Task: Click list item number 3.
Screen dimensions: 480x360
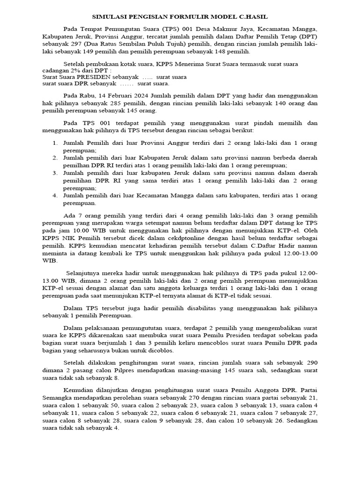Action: pyautogui.click(x=55, y=173)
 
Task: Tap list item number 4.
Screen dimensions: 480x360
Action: pyautogui.click(x=55, y=195)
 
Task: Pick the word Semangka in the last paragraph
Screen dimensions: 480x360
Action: pyautogui.click(x=56, y=397)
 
